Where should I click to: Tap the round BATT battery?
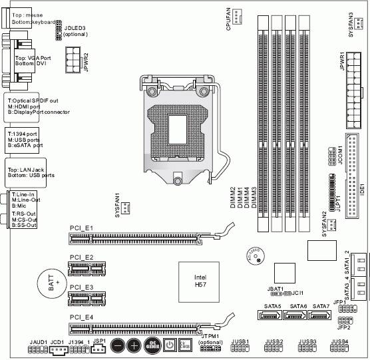tap(49, 283)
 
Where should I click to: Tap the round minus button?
tap(117, 345)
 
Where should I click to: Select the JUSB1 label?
tap(240, 341)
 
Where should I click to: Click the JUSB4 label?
tap(339, 341)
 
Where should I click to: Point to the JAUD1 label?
tap(38, 341)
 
